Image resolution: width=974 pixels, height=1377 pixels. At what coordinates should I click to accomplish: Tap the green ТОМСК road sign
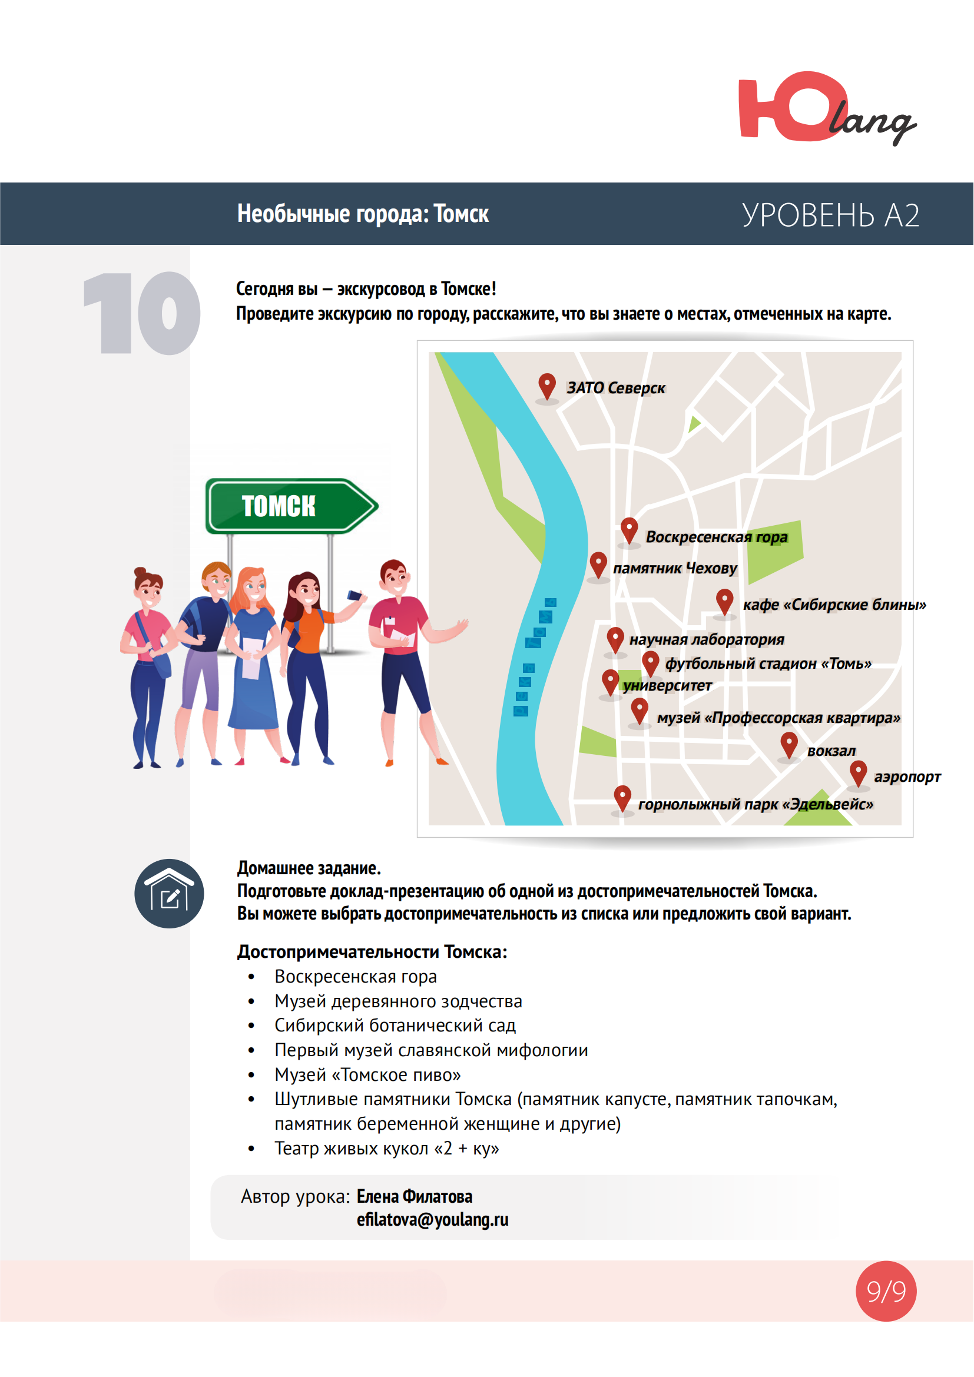point(290,506)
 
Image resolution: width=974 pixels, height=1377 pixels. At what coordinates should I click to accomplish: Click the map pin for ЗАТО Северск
point(546,386)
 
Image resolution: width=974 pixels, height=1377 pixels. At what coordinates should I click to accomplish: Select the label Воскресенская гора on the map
point(716,537)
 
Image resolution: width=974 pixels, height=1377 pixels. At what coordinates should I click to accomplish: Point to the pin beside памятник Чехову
point(598,564)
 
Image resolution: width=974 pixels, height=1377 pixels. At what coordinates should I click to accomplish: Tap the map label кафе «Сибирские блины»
point(834,605)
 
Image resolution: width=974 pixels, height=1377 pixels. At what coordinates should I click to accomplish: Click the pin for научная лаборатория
point(615,639)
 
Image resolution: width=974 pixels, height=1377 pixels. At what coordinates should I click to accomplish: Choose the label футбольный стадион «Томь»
point(768,663)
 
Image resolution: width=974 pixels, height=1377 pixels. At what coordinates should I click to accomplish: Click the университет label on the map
point(667,685)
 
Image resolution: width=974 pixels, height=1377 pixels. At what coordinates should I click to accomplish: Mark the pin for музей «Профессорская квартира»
point(640,710)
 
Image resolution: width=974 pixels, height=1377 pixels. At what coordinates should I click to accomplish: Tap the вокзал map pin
point(789,744)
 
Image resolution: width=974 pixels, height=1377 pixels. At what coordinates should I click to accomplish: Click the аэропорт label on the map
point(907,777)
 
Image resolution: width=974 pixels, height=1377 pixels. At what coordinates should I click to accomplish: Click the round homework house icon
point(169,894)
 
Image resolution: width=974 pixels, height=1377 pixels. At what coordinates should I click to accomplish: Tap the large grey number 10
point(141,313)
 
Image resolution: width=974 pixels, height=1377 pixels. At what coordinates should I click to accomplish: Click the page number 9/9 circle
point(886,1290)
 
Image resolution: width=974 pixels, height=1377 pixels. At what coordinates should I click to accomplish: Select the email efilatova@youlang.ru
point(432,1220)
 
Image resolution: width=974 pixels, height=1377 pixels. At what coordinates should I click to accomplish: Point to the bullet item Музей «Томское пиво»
point(367,1075)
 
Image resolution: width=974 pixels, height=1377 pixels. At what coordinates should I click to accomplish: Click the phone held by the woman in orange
point(355,596)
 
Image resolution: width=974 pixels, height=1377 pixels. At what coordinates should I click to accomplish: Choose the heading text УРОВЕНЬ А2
point(830,215)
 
